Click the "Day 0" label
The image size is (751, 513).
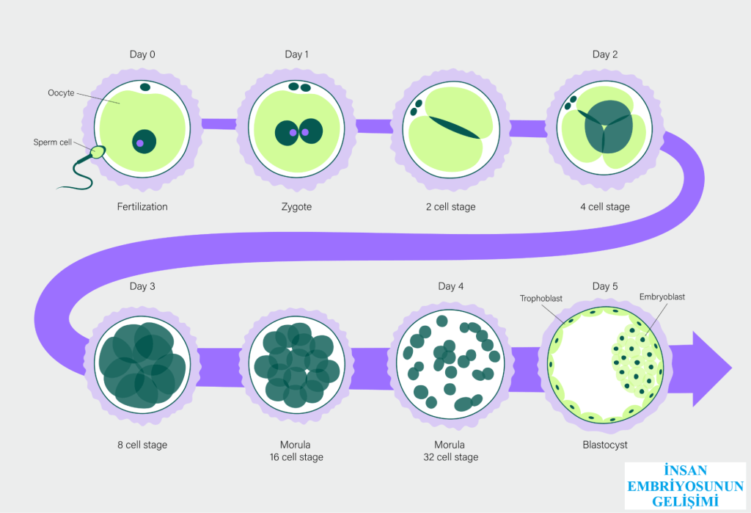point(142,54)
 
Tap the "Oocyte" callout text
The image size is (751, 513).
point(61,93)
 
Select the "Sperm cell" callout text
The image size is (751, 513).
point(52,142)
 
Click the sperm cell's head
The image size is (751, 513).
point(97,153)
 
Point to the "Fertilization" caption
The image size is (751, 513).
point(142,207)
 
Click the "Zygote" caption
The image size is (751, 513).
point(297,207)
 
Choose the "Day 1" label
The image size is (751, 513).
point(297,54)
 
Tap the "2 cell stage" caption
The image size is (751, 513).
point(451,207)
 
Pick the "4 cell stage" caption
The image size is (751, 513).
point(605,207)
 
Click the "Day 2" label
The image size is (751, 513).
point(605,54)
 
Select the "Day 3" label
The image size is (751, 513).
point(142,286)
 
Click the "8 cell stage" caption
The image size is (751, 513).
point(142,445)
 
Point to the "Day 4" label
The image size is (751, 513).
point(451,286)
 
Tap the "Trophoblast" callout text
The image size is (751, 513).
point(541,299)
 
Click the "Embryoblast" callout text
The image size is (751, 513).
point(662,297)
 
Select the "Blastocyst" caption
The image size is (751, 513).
point(605,445)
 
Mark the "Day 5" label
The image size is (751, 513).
point(605,286)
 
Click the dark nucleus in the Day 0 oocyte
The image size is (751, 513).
point(144,142)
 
